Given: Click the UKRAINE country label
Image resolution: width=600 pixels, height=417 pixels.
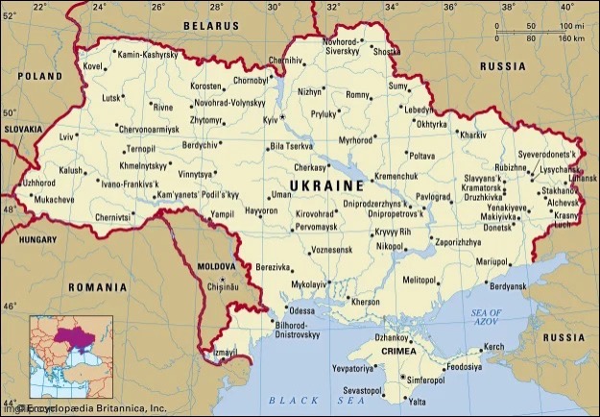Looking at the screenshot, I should click(x=326, y=184).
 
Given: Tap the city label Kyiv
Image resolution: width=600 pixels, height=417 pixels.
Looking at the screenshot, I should click(x=269, y=118).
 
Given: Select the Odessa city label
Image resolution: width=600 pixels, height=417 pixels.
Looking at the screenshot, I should click(x=301, y=311).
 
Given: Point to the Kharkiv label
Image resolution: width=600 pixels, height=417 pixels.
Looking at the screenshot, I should click(x=473, y=135).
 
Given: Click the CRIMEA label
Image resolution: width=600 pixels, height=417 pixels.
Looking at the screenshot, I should click(x=399, y=353).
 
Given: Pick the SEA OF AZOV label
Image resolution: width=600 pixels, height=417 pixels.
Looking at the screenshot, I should click(x=486, y=318).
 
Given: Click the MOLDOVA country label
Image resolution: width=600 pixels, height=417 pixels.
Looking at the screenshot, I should click(x=215, y=265).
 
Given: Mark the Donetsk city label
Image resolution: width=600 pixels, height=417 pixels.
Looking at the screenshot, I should click(x=497, y=227).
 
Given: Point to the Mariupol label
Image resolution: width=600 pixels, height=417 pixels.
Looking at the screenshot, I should click(x=492, y=261).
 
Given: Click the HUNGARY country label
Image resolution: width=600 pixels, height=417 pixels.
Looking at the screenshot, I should click(x=38, y=238).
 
